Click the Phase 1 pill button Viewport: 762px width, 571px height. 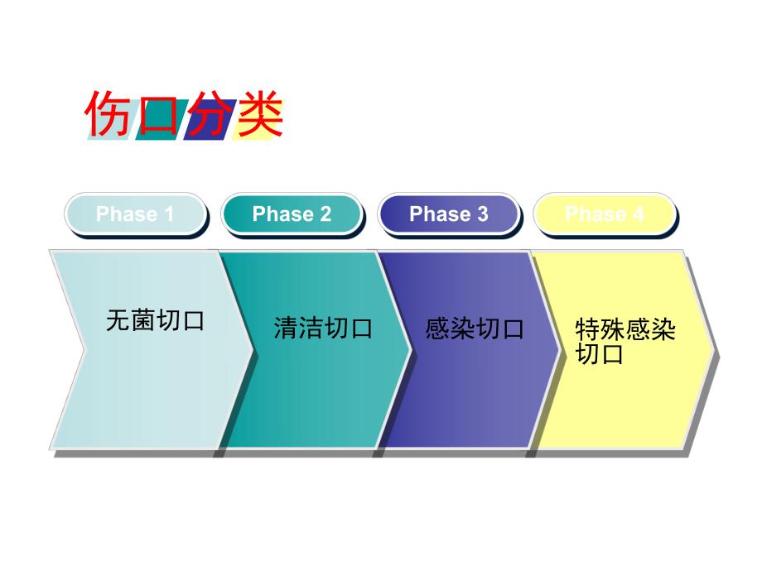coord(135,214)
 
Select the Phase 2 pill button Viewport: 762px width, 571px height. coord(292,214)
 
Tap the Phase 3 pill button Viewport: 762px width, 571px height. coord(448,214)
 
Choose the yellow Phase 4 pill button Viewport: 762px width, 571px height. coord(604,214)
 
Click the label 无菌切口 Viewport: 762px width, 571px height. coord(155,320)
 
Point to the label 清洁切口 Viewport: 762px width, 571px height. coord(323,329)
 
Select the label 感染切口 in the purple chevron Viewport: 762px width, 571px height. coord(475,329)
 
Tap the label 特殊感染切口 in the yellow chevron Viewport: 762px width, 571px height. coord(625,342)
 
